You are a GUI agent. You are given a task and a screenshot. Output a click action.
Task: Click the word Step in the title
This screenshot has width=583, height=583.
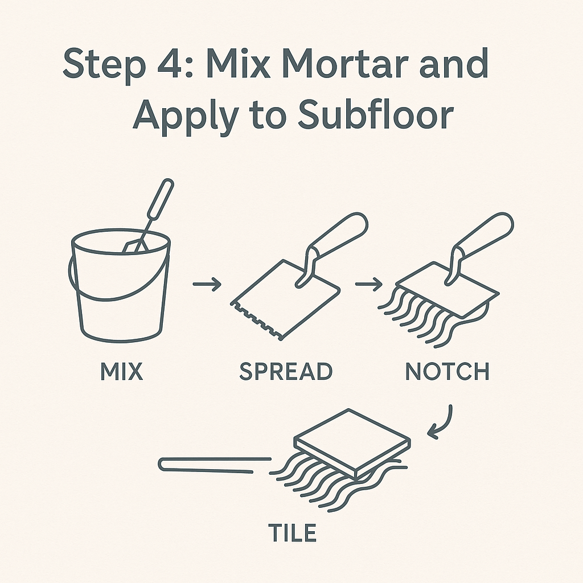tap(104, 64)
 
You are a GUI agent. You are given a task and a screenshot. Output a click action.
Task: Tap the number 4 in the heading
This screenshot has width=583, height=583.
tap(170, 64)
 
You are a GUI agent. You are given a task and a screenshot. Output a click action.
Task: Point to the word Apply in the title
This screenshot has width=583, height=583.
tap(186, 114)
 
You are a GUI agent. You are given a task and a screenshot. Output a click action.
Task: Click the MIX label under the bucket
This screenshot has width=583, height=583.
tap(122, 371)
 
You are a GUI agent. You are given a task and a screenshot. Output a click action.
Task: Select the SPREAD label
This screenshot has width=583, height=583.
tap(286, 371)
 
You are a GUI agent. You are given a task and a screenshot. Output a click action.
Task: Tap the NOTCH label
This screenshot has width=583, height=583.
tap(447, 371)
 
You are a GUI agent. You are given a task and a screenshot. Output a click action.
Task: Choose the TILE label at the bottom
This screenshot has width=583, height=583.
tap(292, 533)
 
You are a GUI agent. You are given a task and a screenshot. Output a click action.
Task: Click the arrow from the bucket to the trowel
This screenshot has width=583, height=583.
tap(207, 284)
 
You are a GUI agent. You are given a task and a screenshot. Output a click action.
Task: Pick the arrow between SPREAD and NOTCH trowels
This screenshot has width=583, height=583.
tap(369, 284)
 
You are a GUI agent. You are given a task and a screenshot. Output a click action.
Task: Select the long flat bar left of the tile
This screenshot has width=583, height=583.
tap(215, 465)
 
